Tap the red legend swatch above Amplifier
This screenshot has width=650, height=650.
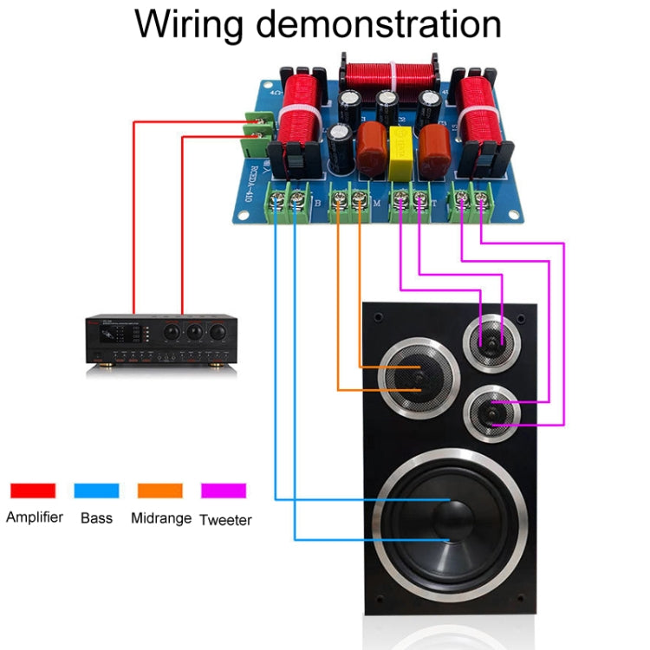tap(33, 491)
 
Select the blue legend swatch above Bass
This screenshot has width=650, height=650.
tap(96, 491)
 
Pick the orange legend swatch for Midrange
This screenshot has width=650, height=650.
tap(160, 491)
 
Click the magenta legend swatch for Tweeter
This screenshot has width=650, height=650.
tap(224, 491)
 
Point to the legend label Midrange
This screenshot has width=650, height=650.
tap(160, 518)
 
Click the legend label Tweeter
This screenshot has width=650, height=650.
tap(225, 520)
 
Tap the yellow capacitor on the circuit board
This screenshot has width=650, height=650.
tap(401, 144)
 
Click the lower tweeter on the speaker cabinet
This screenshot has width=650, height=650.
tap(491, 414)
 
